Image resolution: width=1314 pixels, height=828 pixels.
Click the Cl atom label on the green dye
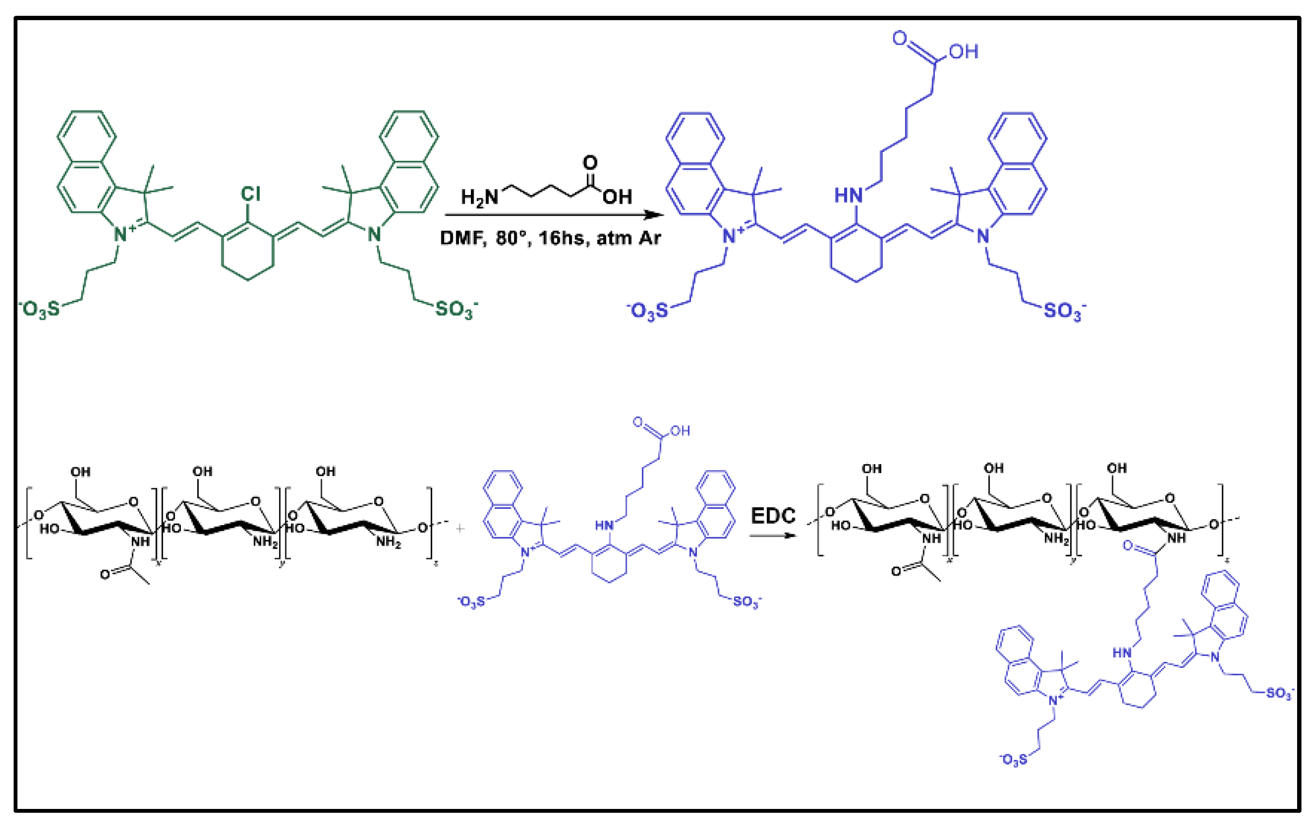point(251,193)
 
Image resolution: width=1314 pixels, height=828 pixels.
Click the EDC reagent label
point(773,515)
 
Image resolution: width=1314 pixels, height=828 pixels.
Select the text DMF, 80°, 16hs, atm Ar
point(550,239)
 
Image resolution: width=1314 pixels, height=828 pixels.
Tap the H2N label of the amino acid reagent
point(480,197)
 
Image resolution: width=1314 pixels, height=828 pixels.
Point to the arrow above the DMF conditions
point(554,215)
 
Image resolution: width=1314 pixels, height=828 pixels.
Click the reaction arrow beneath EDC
point(773,535)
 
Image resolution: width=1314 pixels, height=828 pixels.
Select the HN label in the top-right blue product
point(848,195)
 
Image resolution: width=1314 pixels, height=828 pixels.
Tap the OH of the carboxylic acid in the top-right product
point(963,52)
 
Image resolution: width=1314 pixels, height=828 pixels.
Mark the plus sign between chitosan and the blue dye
point(460,528)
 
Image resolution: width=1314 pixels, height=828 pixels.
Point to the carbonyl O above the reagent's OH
point(590,162)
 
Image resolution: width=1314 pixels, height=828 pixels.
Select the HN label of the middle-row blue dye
point(604,525)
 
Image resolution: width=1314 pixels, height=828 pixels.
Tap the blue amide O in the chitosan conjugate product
point(1129,546)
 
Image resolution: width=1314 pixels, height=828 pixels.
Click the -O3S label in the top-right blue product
point(648,311)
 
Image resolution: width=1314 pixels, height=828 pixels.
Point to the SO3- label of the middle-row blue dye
point(747,601)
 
